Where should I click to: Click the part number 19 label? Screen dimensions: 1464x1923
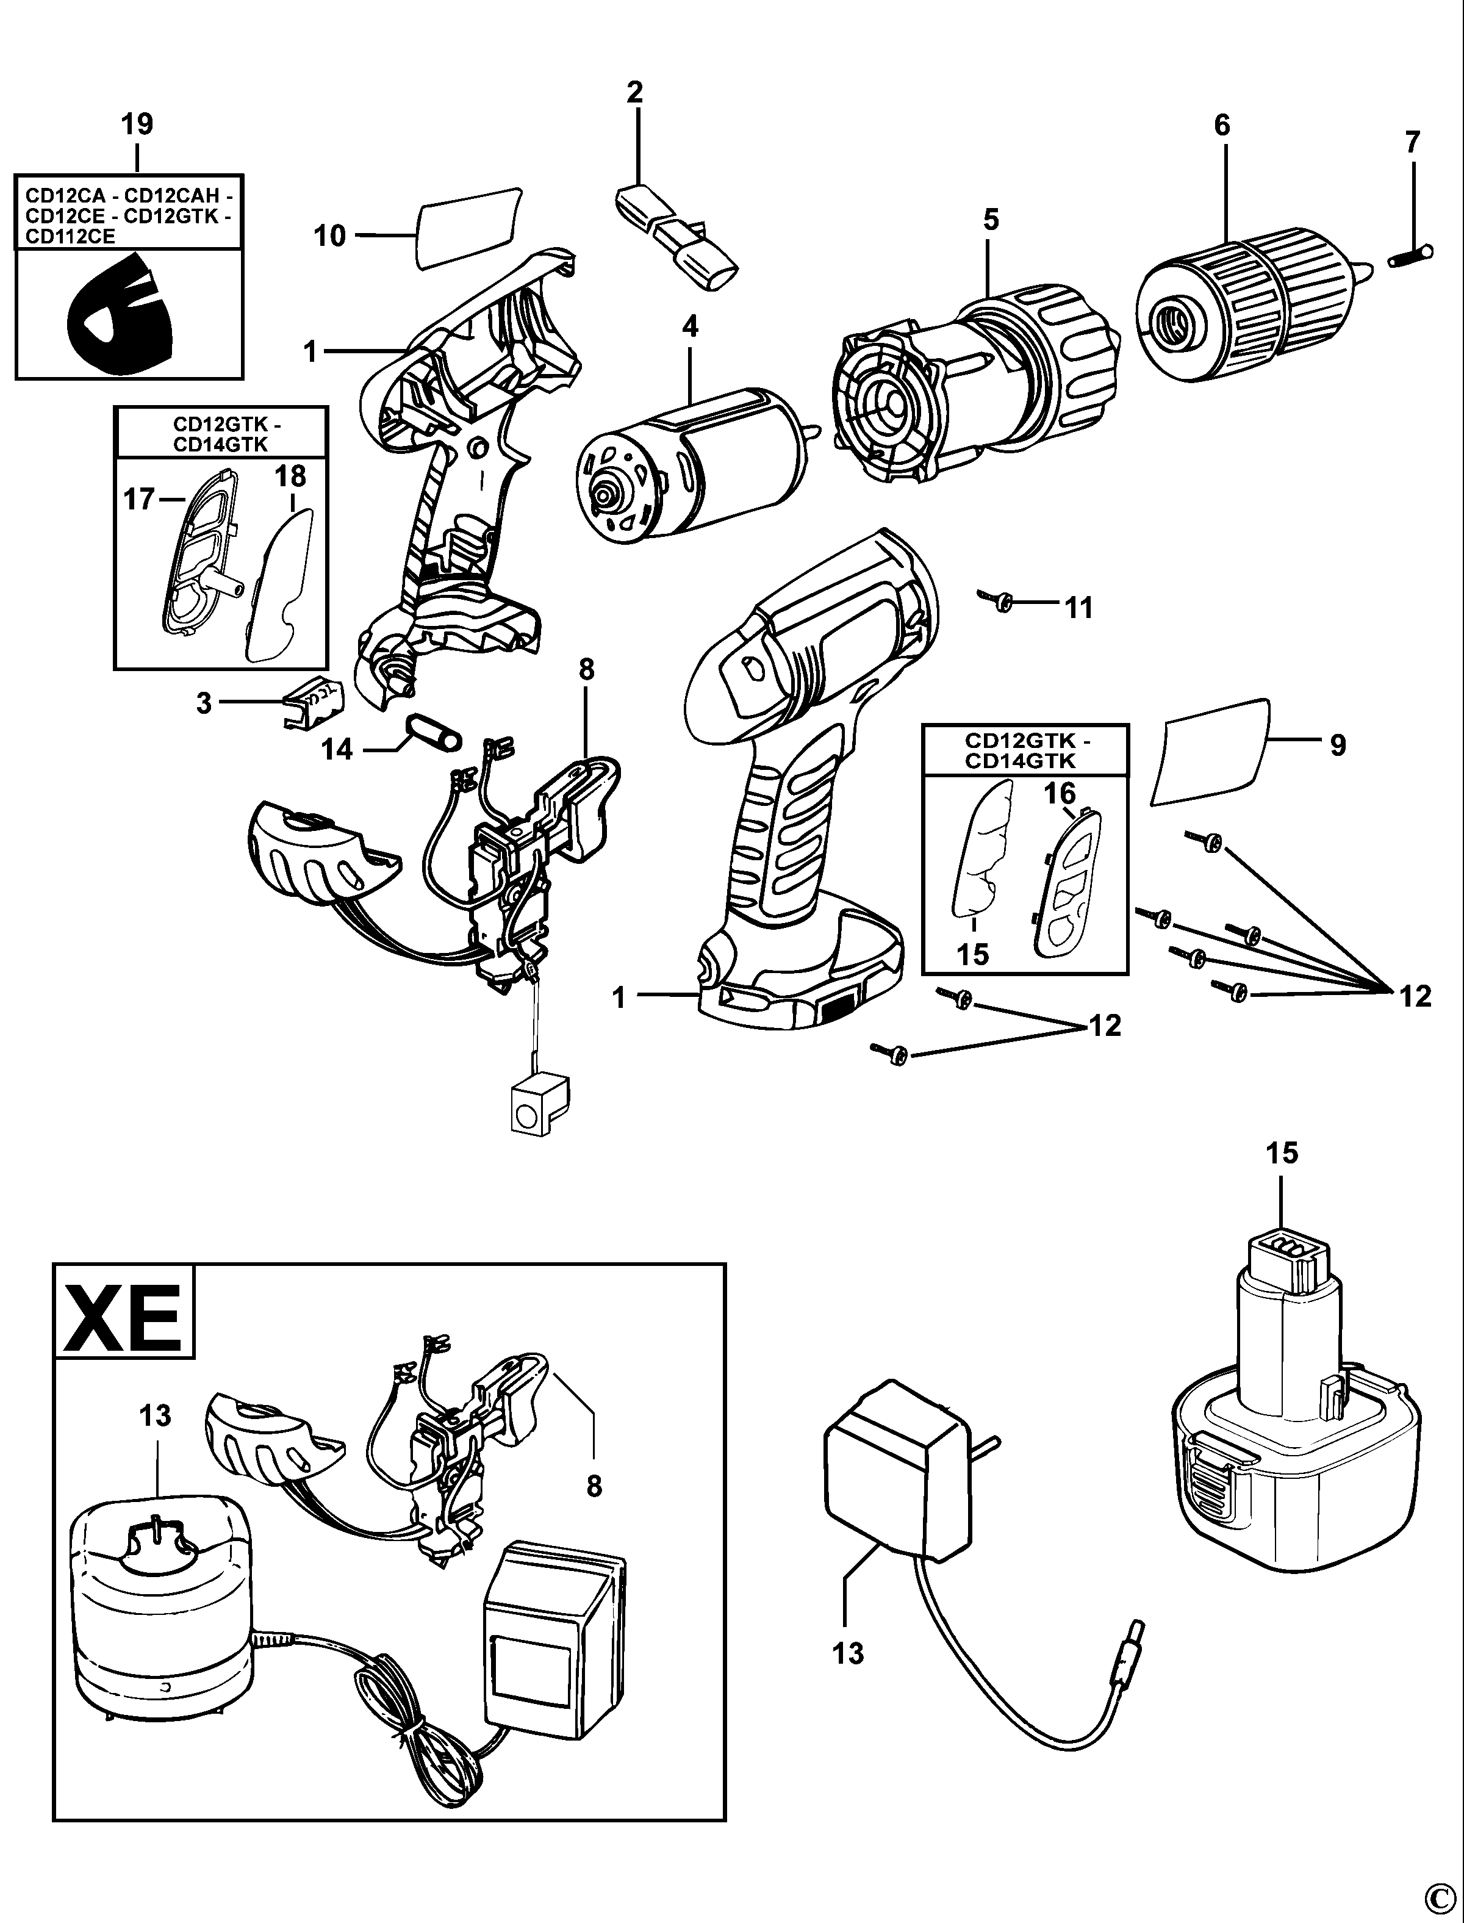(x=137, y=124)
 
